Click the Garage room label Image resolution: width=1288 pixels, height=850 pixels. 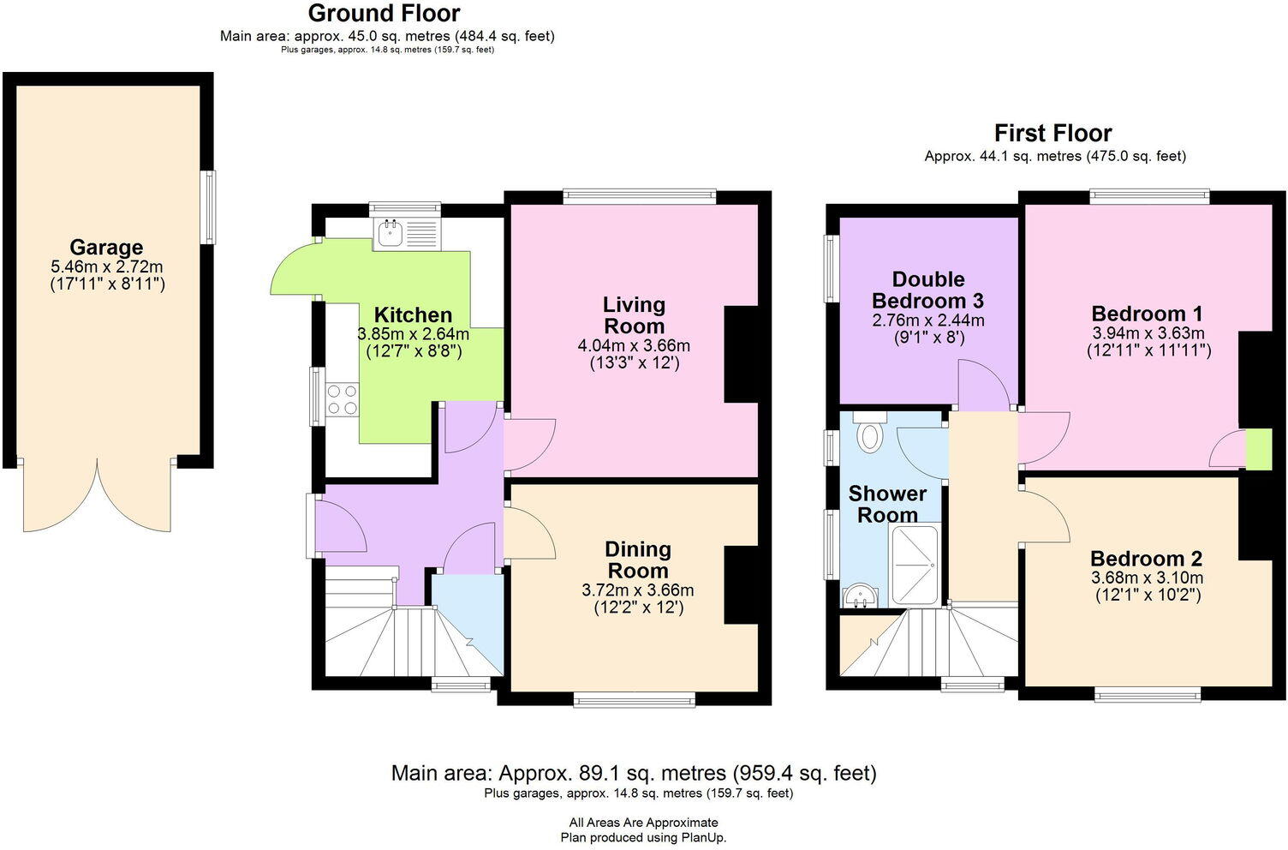pyautogui.click(x=106, y=248)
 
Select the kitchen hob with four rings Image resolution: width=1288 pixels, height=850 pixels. pyautogui.click(x=343, y=400)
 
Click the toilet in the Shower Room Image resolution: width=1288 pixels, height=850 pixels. pyautogui.click(x=870, y=434)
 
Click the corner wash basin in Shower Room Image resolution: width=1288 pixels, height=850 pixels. pyautogui.click(x=857, y=595)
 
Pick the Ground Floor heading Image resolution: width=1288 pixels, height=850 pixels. pyautogui.click(x=384, y=14)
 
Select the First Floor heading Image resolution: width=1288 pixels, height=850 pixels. pyautogui.click(x=1052, y=134)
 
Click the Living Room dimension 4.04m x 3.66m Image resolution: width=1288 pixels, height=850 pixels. pyautogui.click(x=634, y=346)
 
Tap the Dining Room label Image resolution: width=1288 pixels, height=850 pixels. pyautogui.click(x=638, y=560)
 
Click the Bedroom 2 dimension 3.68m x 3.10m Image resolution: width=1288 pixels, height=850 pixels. pyautogui.click(x=1147, y=578)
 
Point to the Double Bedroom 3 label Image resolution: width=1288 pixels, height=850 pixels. pyautogui.click(x=927, y=290)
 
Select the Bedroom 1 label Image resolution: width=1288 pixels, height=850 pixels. pyautogui.click(x=1147, y=313)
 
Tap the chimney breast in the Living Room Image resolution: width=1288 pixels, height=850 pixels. pyautogui.click(x=741, y=354)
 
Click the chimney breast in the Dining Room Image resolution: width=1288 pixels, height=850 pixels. pyautogui.click(x=741, y=585)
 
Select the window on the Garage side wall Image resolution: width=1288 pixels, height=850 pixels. pyautogui.click(x=208, y=207)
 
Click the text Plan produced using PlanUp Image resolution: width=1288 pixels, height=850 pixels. pyautogui.click(x=643, y=837)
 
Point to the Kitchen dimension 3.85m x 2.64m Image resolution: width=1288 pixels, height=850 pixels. pyautogui.click(x=413, y=334)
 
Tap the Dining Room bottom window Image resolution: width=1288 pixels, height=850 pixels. pyautogui.click(x=635, y=700)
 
